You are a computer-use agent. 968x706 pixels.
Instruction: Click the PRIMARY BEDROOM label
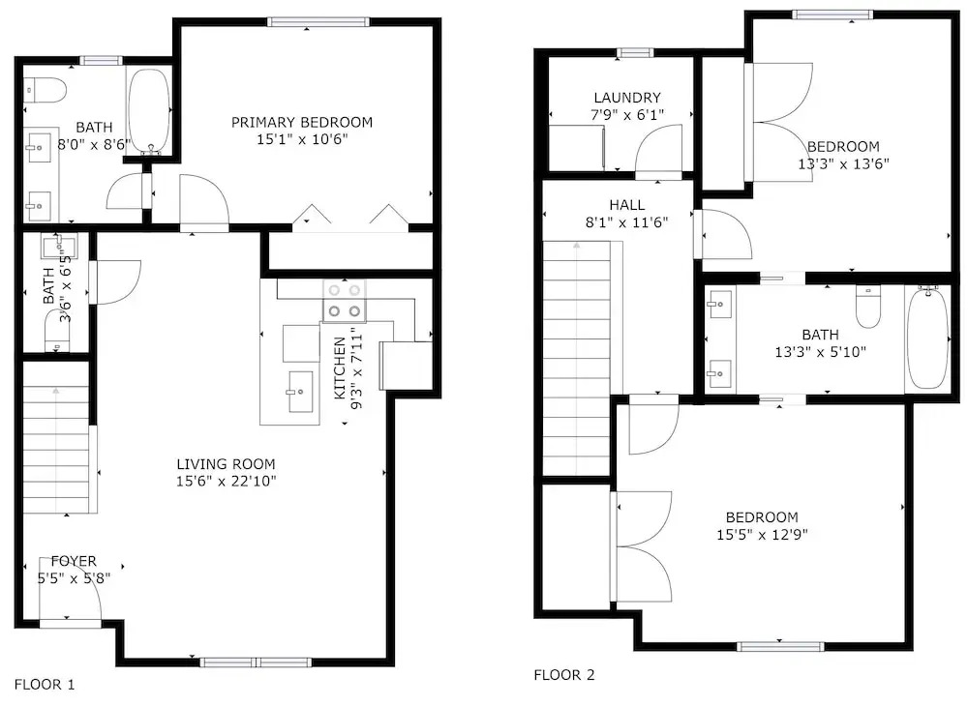coord(302,122)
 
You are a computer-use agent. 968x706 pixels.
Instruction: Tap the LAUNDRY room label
coord(627,98)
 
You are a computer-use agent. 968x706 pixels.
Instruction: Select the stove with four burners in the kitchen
coord(344,301)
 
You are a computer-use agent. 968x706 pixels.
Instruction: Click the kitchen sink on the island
coord(300,392)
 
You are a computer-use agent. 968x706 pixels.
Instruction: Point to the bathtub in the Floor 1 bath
coord(149,111)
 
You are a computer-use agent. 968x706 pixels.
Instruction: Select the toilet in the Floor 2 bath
coord(868,308)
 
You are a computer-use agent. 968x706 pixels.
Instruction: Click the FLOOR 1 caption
coord(45,685)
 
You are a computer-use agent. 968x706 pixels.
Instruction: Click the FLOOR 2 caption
coord(564,675)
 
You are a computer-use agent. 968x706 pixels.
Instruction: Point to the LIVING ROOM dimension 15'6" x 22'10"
coord(226,481)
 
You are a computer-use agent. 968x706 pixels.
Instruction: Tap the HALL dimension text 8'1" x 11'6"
coord(626,222)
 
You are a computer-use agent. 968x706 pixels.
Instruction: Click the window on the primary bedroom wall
coord(318,21)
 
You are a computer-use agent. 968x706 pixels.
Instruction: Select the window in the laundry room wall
coord(635,52)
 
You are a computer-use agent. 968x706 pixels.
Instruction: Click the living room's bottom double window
coord(255,662)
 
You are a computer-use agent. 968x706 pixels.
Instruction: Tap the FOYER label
coord(74,561)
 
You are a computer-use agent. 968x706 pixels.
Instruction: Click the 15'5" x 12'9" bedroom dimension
coord(762,534)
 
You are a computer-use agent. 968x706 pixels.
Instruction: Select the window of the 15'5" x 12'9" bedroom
coord(780,646)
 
